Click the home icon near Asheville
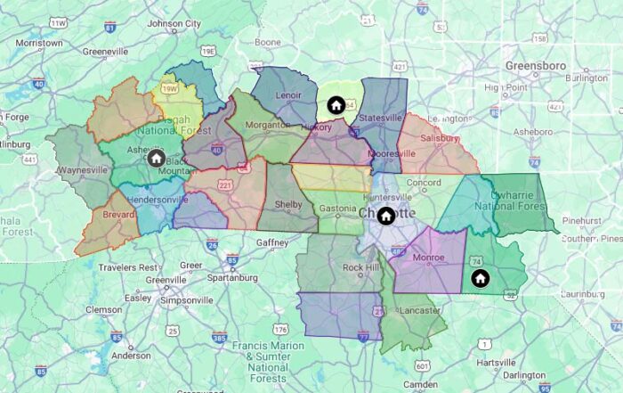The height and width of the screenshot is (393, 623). pyautogui.click(x=156, y=159)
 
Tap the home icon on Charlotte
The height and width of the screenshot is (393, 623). pyautogui.click(x=386, y=215)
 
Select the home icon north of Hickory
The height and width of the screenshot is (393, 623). pyautogui.click(x=336, y=105)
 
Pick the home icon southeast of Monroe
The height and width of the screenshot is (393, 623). pyautogui.click(x=480, y=278)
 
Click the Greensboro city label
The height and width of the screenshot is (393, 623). pyautogui.click(x=535, y=66)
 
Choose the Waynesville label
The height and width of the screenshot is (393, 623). pyautogui.click(x=83, y=169)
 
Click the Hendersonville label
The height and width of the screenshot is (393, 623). pyautogui.click(x=165, y=200)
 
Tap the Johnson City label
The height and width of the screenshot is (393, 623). pyautogui.click(x=174, y=23)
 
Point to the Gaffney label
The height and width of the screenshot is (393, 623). pyautogui.click(x=271, y=242)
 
